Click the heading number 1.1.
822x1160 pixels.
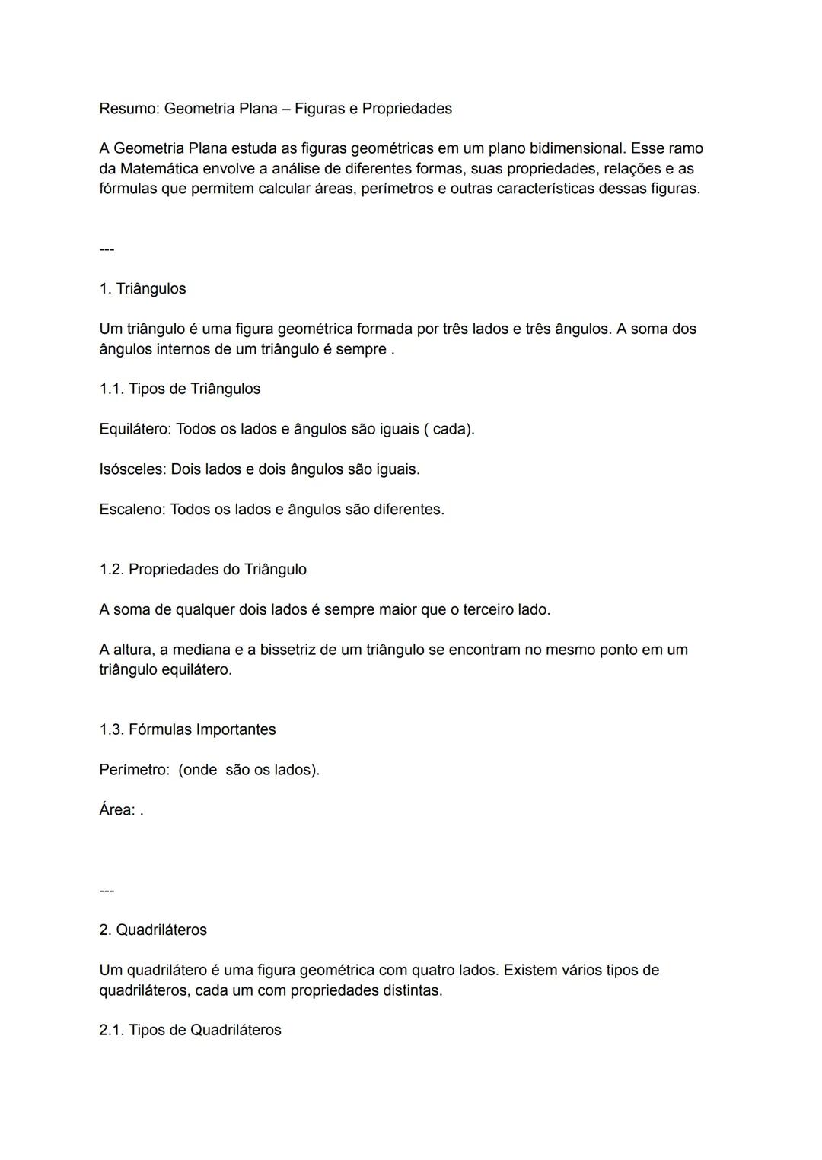(111, 389)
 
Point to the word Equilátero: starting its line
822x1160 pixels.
(135, 429)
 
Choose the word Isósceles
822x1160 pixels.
(132, 469)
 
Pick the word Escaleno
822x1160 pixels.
(132, 510)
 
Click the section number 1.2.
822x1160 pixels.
(111, 570)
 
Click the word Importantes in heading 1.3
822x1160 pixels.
(236, 729)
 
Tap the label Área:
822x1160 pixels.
(117, 810)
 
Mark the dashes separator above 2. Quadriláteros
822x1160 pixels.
(107, 890)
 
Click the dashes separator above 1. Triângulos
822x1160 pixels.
(107, 249)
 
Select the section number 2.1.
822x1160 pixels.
(111, 1030)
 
